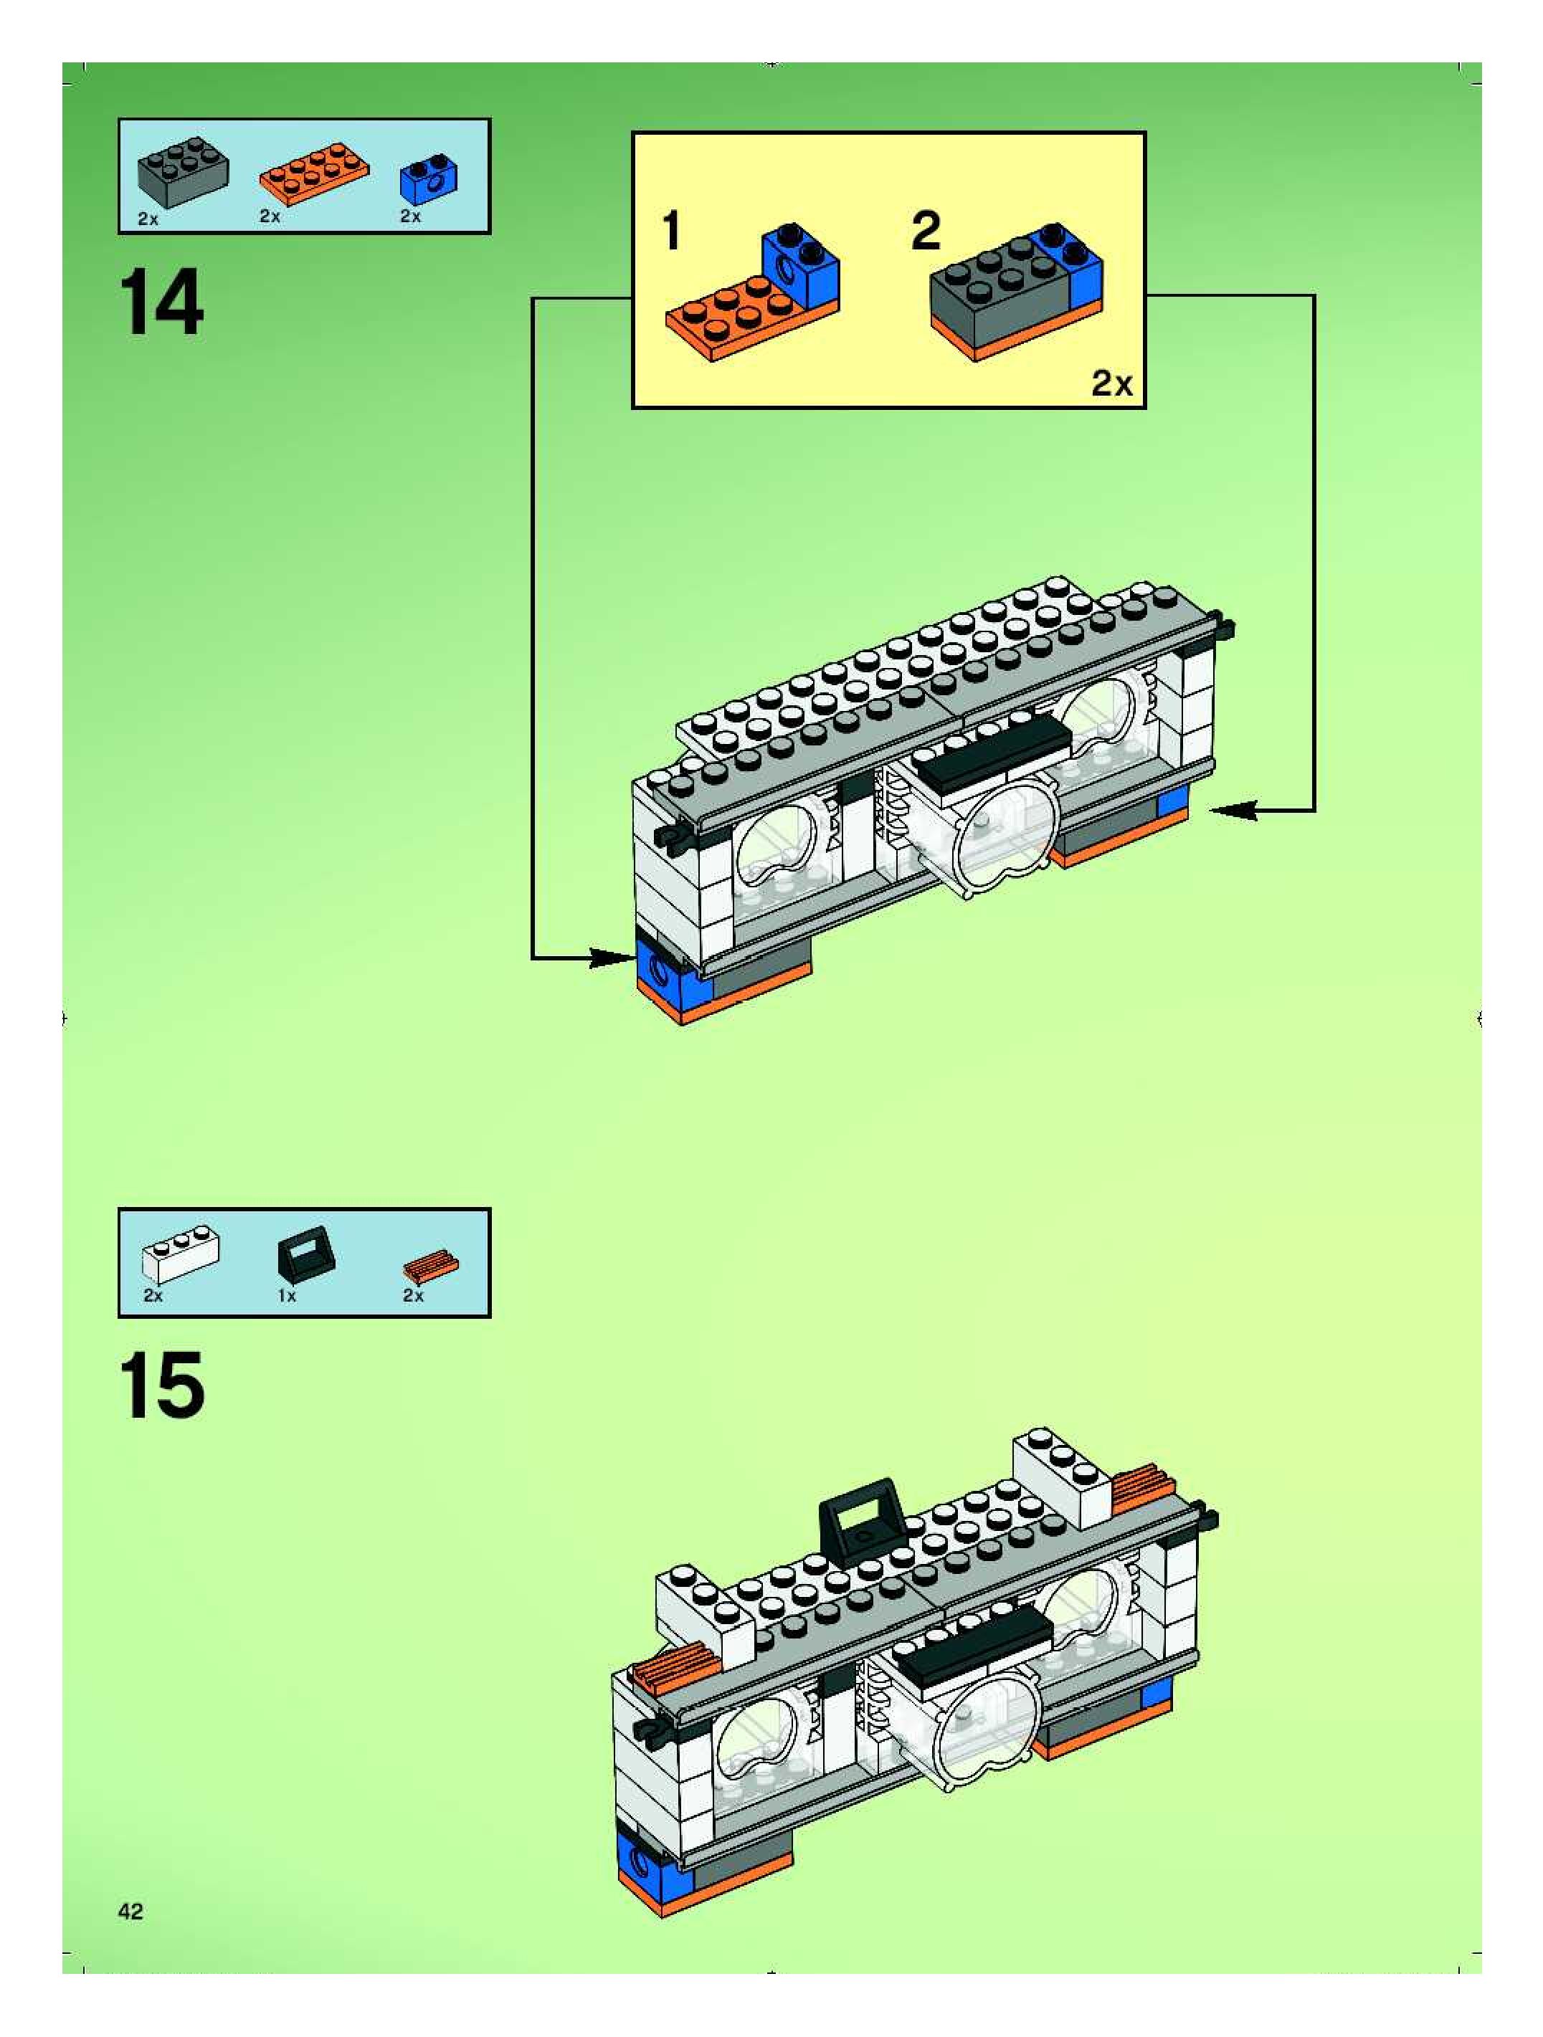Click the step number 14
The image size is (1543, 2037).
(161, 302)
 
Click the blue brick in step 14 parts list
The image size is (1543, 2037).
(427, 181)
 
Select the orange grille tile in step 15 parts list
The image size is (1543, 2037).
(430, 1266)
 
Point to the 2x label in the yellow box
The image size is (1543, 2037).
(1112, 383)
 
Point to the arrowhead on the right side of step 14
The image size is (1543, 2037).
(1233, 811)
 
